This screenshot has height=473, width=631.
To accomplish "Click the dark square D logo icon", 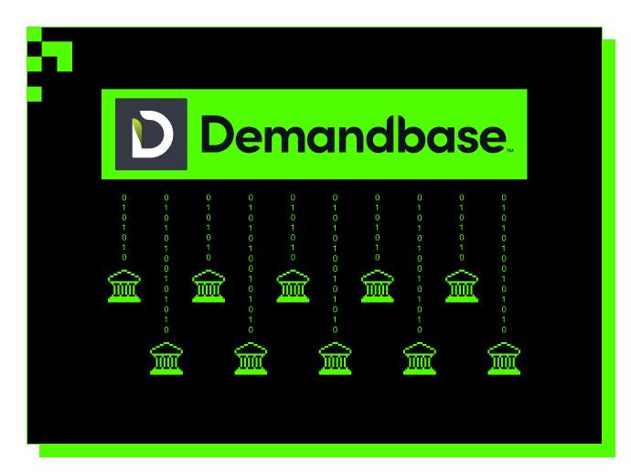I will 151,134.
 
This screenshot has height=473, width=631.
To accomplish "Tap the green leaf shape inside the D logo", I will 138,134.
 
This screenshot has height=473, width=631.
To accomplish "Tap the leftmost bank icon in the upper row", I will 123,286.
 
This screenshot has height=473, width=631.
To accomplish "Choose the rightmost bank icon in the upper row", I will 461,286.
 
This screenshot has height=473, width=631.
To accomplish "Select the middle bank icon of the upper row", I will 293,286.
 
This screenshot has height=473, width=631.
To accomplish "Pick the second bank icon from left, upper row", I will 208,286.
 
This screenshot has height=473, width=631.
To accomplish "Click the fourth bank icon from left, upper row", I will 377,286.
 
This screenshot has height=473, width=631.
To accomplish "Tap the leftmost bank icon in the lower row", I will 166,358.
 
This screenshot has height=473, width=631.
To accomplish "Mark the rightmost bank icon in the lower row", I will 503,358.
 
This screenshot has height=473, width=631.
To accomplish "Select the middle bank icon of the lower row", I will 335,358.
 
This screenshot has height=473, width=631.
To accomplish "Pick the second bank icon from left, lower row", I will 250,358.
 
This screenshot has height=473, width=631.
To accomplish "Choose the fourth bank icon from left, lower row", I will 419,358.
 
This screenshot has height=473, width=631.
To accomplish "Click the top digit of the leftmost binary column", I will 124,197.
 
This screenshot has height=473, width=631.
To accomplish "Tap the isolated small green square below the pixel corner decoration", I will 34,93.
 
